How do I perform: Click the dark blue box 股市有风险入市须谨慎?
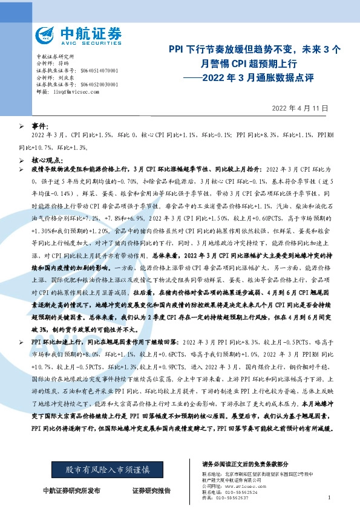coord(103,469)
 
